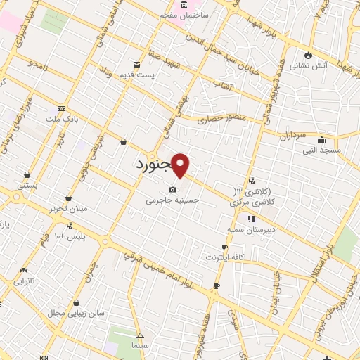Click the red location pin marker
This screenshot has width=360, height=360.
(x=181, y=166)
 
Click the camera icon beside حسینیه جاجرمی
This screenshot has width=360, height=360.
(x=173, y=189)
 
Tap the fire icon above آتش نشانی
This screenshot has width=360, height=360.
(x=308, y=56)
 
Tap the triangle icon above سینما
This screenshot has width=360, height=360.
(x=140, y=335)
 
